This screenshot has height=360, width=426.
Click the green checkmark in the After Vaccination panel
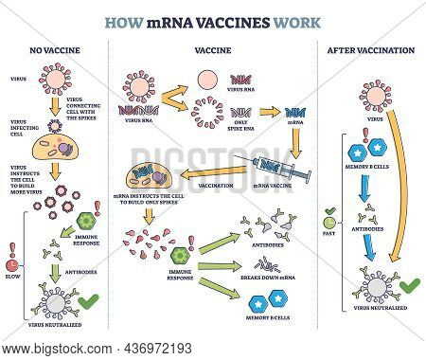click(x=410, y=284)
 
